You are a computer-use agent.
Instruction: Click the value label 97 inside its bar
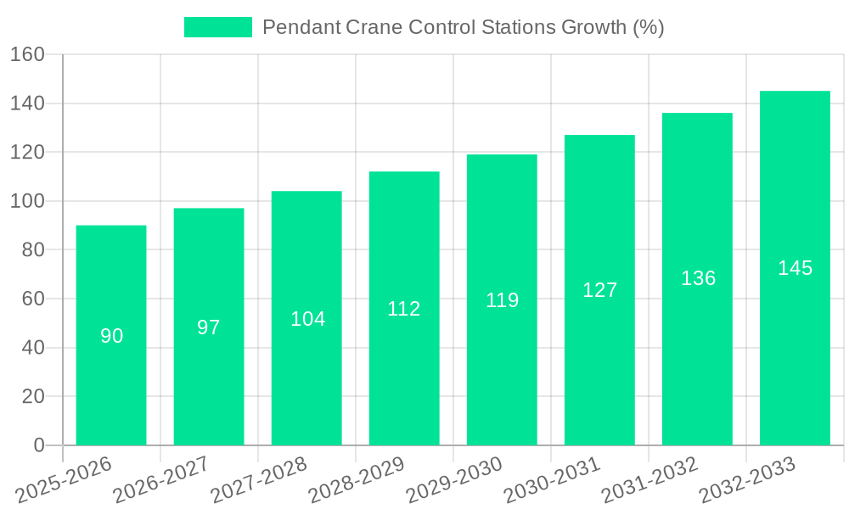coord(209,327)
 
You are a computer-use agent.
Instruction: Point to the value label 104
coord(307,319)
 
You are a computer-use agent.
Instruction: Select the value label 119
coord(502,300)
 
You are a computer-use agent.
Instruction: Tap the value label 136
coord(698,278)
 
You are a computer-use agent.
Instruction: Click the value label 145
coord(795,268)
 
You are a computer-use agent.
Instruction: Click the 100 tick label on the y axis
coord(27,201)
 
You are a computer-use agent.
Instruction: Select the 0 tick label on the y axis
coord(38,445)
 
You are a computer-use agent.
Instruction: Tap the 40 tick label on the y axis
coord(33,348)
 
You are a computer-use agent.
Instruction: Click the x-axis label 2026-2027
coord(162,479)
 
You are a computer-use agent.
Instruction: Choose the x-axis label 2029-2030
coord(455,479)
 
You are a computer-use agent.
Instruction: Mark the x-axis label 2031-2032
coord(650,479)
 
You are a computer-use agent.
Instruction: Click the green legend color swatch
coord(218,27)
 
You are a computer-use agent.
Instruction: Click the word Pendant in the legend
coord(301,27)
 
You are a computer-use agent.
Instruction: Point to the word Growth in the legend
coord(594,27)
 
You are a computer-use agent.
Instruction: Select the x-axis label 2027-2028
coord(260,479)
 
